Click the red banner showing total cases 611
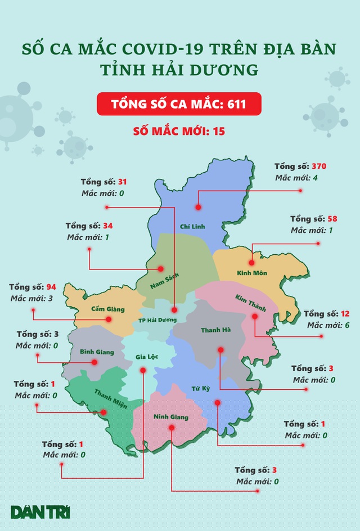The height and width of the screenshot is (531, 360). click(179, 105)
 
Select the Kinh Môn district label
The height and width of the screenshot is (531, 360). click(252, 273)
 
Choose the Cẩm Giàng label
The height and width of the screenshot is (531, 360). click(107, 309)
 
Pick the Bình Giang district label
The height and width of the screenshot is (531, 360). click(96, 352)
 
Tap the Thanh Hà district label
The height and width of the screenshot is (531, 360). click(216, 331)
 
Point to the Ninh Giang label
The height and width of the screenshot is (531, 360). click(171, 417)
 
